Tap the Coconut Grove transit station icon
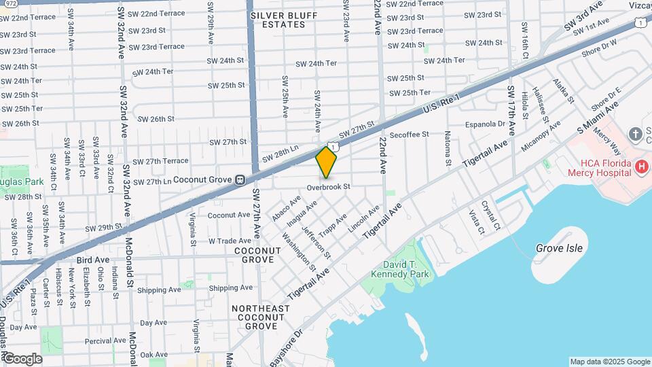240,180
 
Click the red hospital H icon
640,166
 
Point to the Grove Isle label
559,248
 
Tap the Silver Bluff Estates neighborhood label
278,19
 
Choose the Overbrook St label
328,186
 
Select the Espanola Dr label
486,124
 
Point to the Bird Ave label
93,260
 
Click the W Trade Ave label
230,241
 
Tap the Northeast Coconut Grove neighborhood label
260,317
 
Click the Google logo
22,359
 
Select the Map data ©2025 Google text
609,362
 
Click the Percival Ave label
105,340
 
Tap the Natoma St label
448,147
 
